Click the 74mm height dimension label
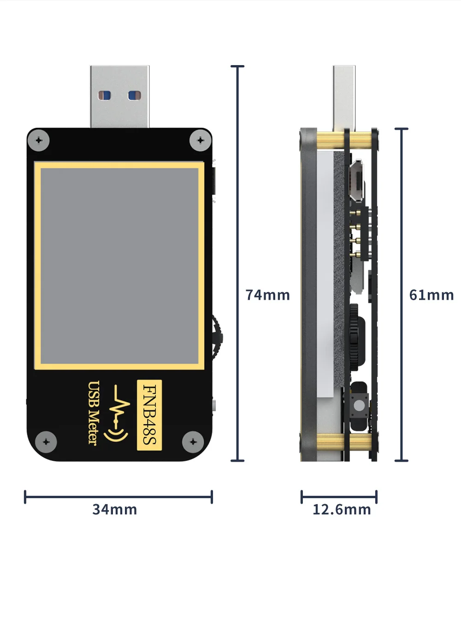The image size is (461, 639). pos(267,295)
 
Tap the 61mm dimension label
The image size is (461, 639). pos(431,295)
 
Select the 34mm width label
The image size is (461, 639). pos(115,509)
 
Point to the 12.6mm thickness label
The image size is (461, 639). pos(342,509)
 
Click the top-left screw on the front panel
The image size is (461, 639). pos(39,140)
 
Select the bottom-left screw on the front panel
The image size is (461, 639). pos(46,442)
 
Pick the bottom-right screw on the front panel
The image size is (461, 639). pos(193,442)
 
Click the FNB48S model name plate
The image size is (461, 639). pos(149,414)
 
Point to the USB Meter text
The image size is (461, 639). pos(93,413)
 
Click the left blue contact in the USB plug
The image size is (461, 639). pos(105,96)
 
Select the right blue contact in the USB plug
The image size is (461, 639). pos(134,96)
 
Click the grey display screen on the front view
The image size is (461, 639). pos(119,265)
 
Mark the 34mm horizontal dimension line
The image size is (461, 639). pos(118,497)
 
